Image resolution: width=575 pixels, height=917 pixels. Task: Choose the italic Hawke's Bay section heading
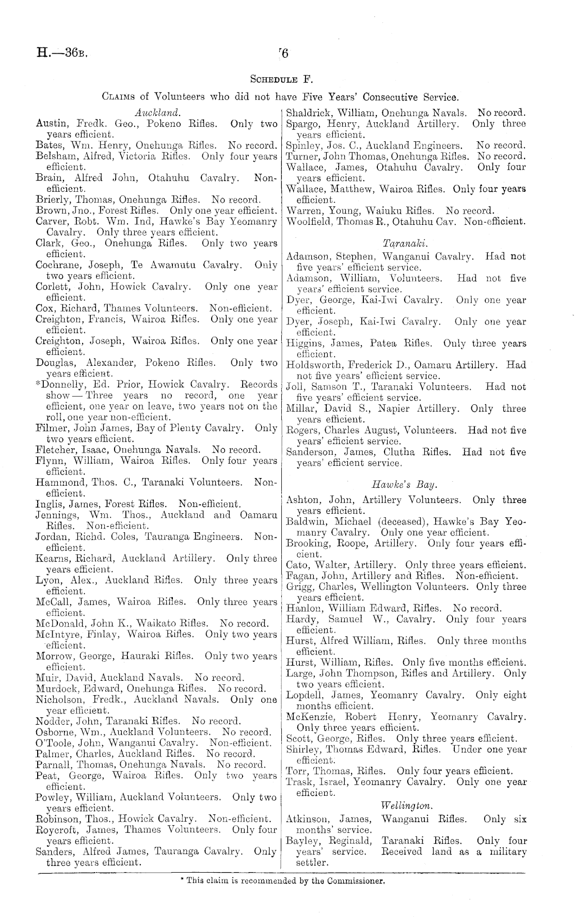[404, 485]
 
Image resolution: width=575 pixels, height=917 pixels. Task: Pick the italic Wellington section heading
[406, 805]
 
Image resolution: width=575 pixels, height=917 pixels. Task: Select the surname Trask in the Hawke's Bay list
[298, 782]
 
